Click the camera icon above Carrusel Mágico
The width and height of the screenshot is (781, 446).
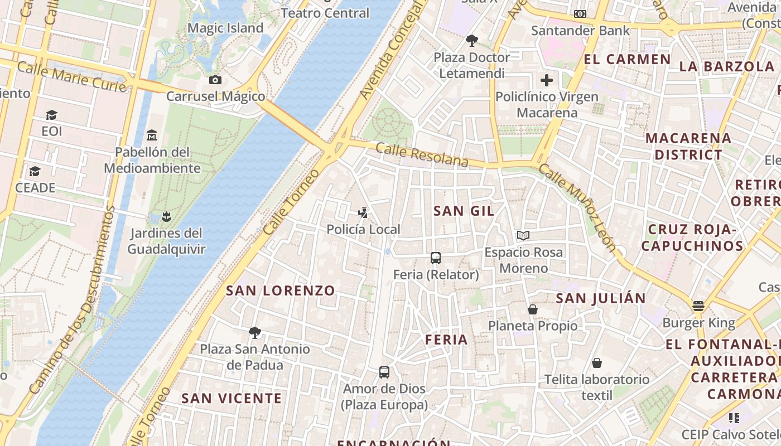(x=215, y=80)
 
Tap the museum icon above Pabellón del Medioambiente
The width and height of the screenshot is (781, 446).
(x=151, y=135)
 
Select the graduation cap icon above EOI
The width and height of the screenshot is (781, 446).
(x=52, y=115)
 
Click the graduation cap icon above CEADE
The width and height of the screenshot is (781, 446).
(x=35, y=171)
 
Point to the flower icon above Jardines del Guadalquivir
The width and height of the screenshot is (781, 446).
(x=165, y=216)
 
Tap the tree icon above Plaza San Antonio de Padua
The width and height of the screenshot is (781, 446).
(x=255, y=333)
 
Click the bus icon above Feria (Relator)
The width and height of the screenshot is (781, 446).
(x=436, y=258)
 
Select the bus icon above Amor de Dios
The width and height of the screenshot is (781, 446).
(x=384, y=372)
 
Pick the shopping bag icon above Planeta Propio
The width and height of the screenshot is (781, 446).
(x=533, y=309)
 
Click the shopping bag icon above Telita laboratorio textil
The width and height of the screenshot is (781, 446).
(x=597, y=363)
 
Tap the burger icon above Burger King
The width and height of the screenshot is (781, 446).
(x=698, y=306)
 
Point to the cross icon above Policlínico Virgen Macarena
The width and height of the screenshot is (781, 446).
(x=547, y=80)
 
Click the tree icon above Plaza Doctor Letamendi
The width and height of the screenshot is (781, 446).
(x=472, y=41)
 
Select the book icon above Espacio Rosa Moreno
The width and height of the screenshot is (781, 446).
(x=523, y=236)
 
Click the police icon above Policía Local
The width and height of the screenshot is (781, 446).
(x=363, y=213)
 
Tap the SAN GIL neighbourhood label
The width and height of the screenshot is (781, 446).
(x=464, y=211)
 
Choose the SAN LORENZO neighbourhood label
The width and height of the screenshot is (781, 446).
(x=280, y=290)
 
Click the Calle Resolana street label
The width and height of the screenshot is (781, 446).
(x=422, y=155)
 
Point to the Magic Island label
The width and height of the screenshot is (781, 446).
(x=225, y=28)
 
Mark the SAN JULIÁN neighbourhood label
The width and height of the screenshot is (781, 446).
(x=601, y=298)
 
